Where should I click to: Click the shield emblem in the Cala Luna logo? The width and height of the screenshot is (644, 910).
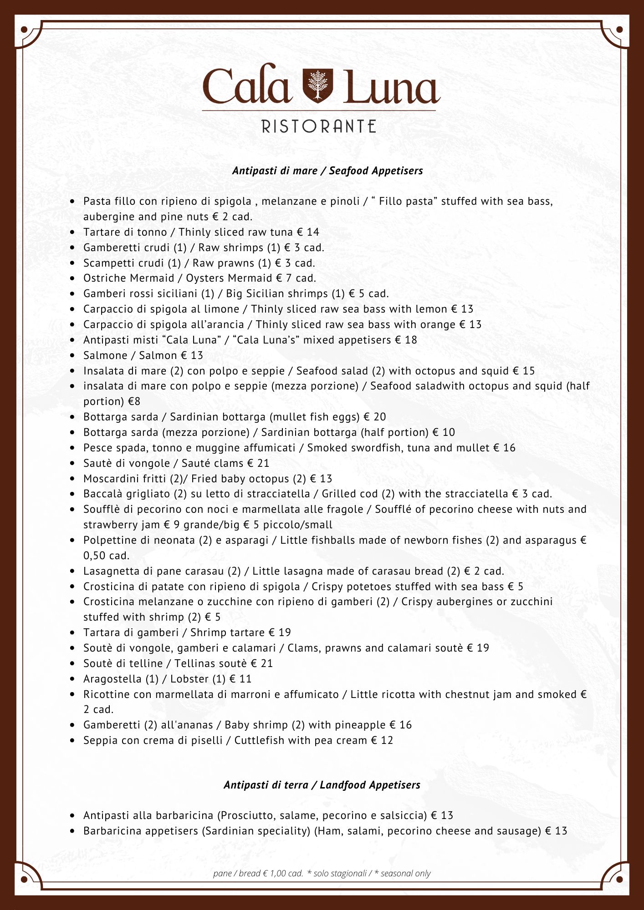coord(318,86)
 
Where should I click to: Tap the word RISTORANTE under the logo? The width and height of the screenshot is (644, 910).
coord(319,126)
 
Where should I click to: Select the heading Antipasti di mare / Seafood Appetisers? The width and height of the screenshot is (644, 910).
coord(327,171)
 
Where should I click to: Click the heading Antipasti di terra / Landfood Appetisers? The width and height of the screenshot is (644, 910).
coord(322,785)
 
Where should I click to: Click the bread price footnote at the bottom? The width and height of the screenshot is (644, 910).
coord(258,873)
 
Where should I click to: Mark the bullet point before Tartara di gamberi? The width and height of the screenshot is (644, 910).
coord(72,633)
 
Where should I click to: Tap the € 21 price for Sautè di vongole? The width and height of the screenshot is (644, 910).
coord(258,463)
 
